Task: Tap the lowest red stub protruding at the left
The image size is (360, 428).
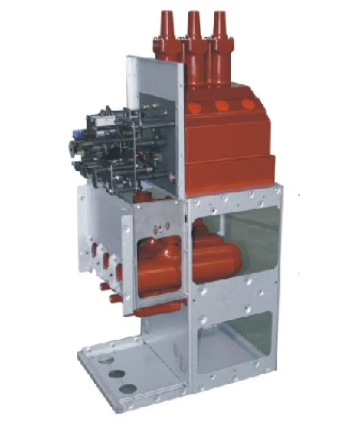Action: [x=113, y=298]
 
